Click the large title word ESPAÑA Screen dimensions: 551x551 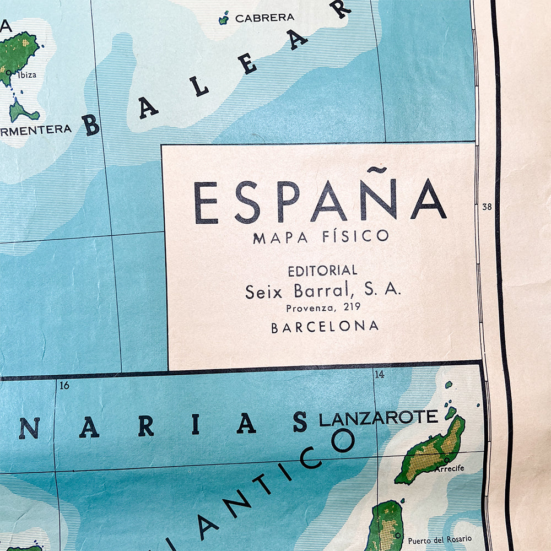[320, 202]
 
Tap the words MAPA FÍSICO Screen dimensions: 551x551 [321, 236]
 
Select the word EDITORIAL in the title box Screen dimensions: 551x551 [322, 271]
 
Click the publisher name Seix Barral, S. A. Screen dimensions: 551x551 [322, 291]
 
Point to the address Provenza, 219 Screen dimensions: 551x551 [322, 309]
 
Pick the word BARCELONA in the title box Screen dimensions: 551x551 [325, 326]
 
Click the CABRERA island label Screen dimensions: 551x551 [264, 18]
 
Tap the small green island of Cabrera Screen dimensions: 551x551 [223, 20]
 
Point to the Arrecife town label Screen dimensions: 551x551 [449, 468]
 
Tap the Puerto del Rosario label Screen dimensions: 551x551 [440, 539]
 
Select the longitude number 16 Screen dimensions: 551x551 [64, 385]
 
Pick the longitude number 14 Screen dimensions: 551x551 [379, 375]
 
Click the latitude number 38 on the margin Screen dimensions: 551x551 [487, 207]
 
